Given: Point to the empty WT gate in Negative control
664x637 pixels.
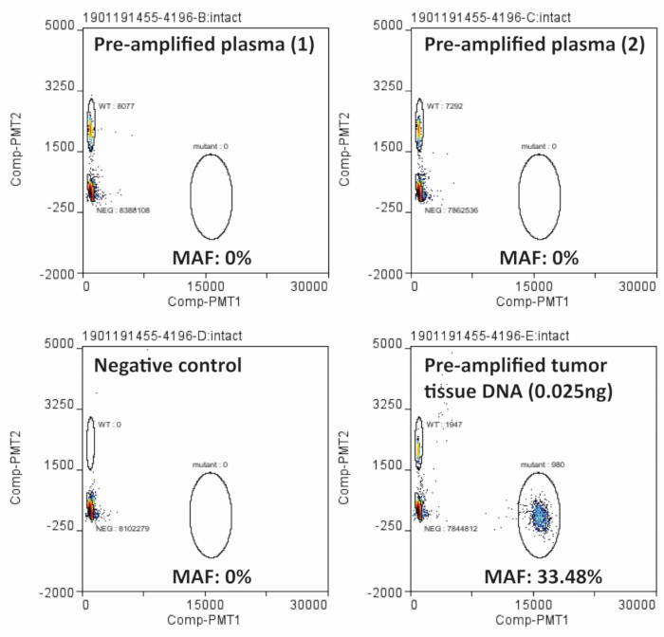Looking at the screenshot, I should pyautogui.click(x=91, y=443).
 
